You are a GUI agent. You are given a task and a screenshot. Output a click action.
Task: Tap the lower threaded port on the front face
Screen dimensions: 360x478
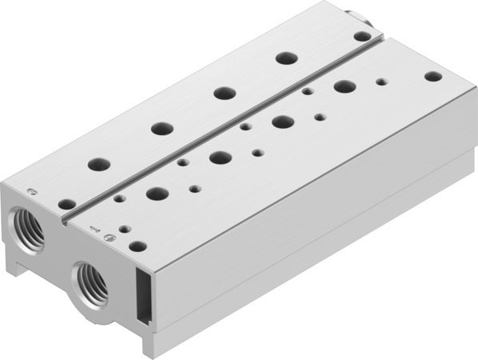89,281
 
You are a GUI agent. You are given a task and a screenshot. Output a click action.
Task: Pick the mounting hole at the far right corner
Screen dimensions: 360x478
432,76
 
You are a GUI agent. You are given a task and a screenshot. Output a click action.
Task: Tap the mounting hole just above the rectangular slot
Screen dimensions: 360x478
137,247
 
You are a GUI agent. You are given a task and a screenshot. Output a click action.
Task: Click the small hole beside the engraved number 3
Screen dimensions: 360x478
66,204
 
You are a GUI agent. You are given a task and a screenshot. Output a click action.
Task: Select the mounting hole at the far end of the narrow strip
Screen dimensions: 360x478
361,36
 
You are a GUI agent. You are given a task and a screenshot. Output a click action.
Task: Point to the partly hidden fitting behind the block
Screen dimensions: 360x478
353,14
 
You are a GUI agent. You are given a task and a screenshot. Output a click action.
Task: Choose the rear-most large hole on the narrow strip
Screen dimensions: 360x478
283,58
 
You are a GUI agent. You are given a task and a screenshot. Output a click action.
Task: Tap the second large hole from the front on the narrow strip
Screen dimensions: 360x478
162,127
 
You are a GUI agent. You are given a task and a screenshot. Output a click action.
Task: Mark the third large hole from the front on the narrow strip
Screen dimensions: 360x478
223,92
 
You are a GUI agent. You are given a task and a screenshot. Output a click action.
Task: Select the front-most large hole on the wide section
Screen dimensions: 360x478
157,193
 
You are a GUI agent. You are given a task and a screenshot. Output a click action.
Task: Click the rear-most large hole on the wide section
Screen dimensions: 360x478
345,86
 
